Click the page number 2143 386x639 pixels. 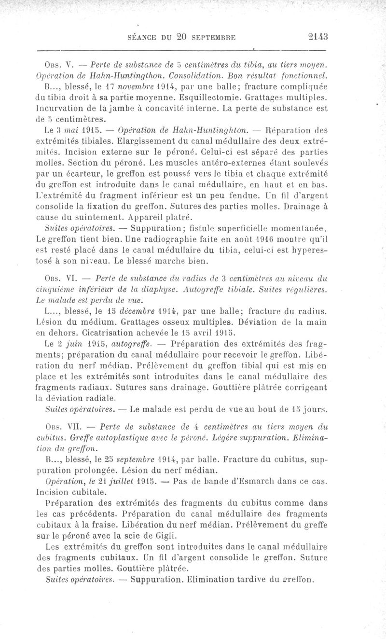[317, 36]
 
